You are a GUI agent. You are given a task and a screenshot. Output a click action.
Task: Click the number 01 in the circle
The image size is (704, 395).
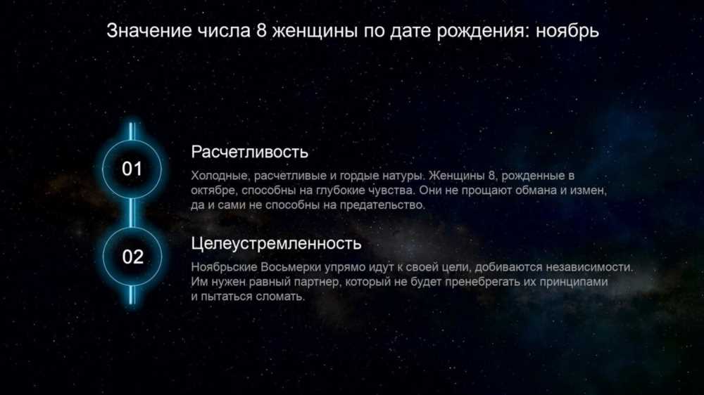click(132, 169)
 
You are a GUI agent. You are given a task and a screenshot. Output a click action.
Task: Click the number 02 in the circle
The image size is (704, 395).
click(133, 257)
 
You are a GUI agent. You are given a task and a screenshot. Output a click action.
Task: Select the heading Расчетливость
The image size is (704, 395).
click(250, 152)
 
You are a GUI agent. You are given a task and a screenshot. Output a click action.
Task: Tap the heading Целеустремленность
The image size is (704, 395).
click(276, 243)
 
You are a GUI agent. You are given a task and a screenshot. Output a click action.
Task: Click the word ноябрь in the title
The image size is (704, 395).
click(567, 31)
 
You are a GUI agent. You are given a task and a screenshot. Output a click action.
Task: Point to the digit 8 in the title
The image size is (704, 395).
click(262, 31)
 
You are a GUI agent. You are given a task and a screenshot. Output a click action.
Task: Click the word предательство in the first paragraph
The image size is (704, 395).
click(382, 205)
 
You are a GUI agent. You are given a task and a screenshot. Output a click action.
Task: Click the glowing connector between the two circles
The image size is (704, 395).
click(132, 212)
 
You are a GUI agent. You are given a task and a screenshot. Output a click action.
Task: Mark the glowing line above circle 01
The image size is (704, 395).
click(132, 131)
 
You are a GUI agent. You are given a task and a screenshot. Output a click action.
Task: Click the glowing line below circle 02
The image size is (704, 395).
click(132, 294)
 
